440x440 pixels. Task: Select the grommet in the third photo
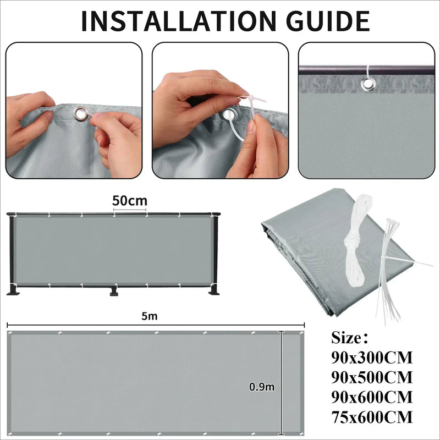367,83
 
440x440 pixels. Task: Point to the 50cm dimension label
130,201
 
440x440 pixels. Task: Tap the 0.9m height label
262,387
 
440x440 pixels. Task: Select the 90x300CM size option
372,358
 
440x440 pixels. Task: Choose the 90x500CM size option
372,378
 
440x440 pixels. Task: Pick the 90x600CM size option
372,397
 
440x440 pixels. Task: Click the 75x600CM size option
372,417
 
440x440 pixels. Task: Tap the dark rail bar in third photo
330,70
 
